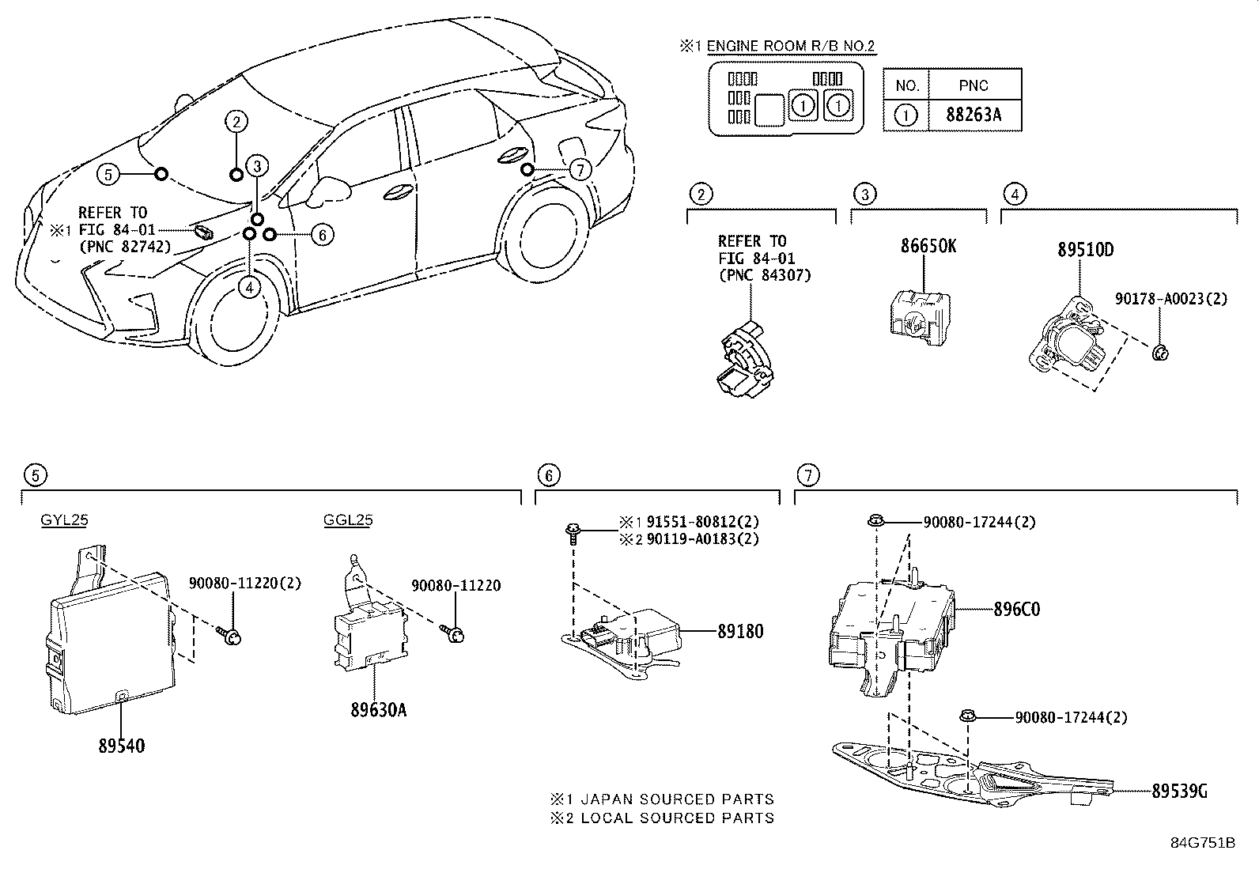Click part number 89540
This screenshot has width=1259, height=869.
point(121,746)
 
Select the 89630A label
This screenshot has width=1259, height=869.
point(379,710)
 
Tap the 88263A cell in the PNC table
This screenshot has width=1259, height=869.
point(974,115)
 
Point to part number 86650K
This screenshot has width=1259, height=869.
point(928,246)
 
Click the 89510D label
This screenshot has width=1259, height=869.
point(1085,250)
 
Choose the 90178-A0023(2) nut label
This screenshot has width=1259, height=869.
point(1170,300)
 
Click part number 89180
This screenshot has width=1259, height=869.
point(740,632)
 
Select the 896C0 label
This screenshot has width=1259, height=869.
point(1016,610)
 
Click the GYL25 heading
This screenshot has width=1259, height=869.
point(64,520)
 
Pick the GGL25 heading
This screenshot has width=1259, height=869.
point(348,520)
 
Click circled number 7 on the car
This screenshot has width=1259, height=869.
point(580,170)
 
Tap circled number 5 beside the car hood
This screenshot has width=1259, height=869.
point(110,174)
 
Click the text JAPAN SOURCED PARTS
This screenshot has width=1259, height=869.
point(676,799)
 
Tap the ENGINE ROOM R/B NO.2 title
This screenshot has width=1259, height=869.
point(790,47)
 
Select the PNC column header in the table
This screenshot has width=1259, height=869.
point(974,85)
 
